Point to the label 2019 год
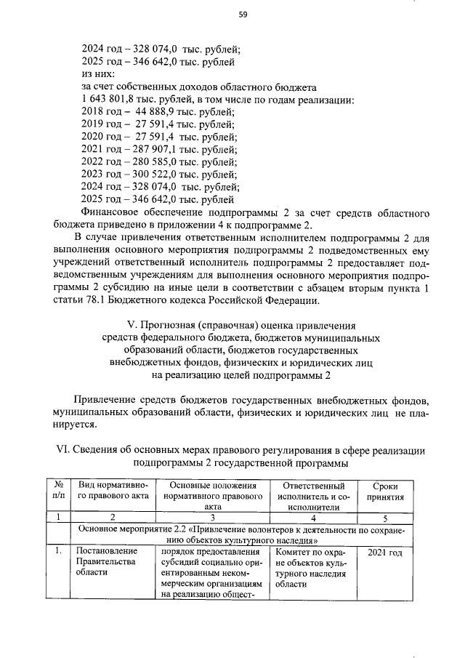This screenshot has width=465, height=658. pyautogui.click(x=101, y=124)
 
